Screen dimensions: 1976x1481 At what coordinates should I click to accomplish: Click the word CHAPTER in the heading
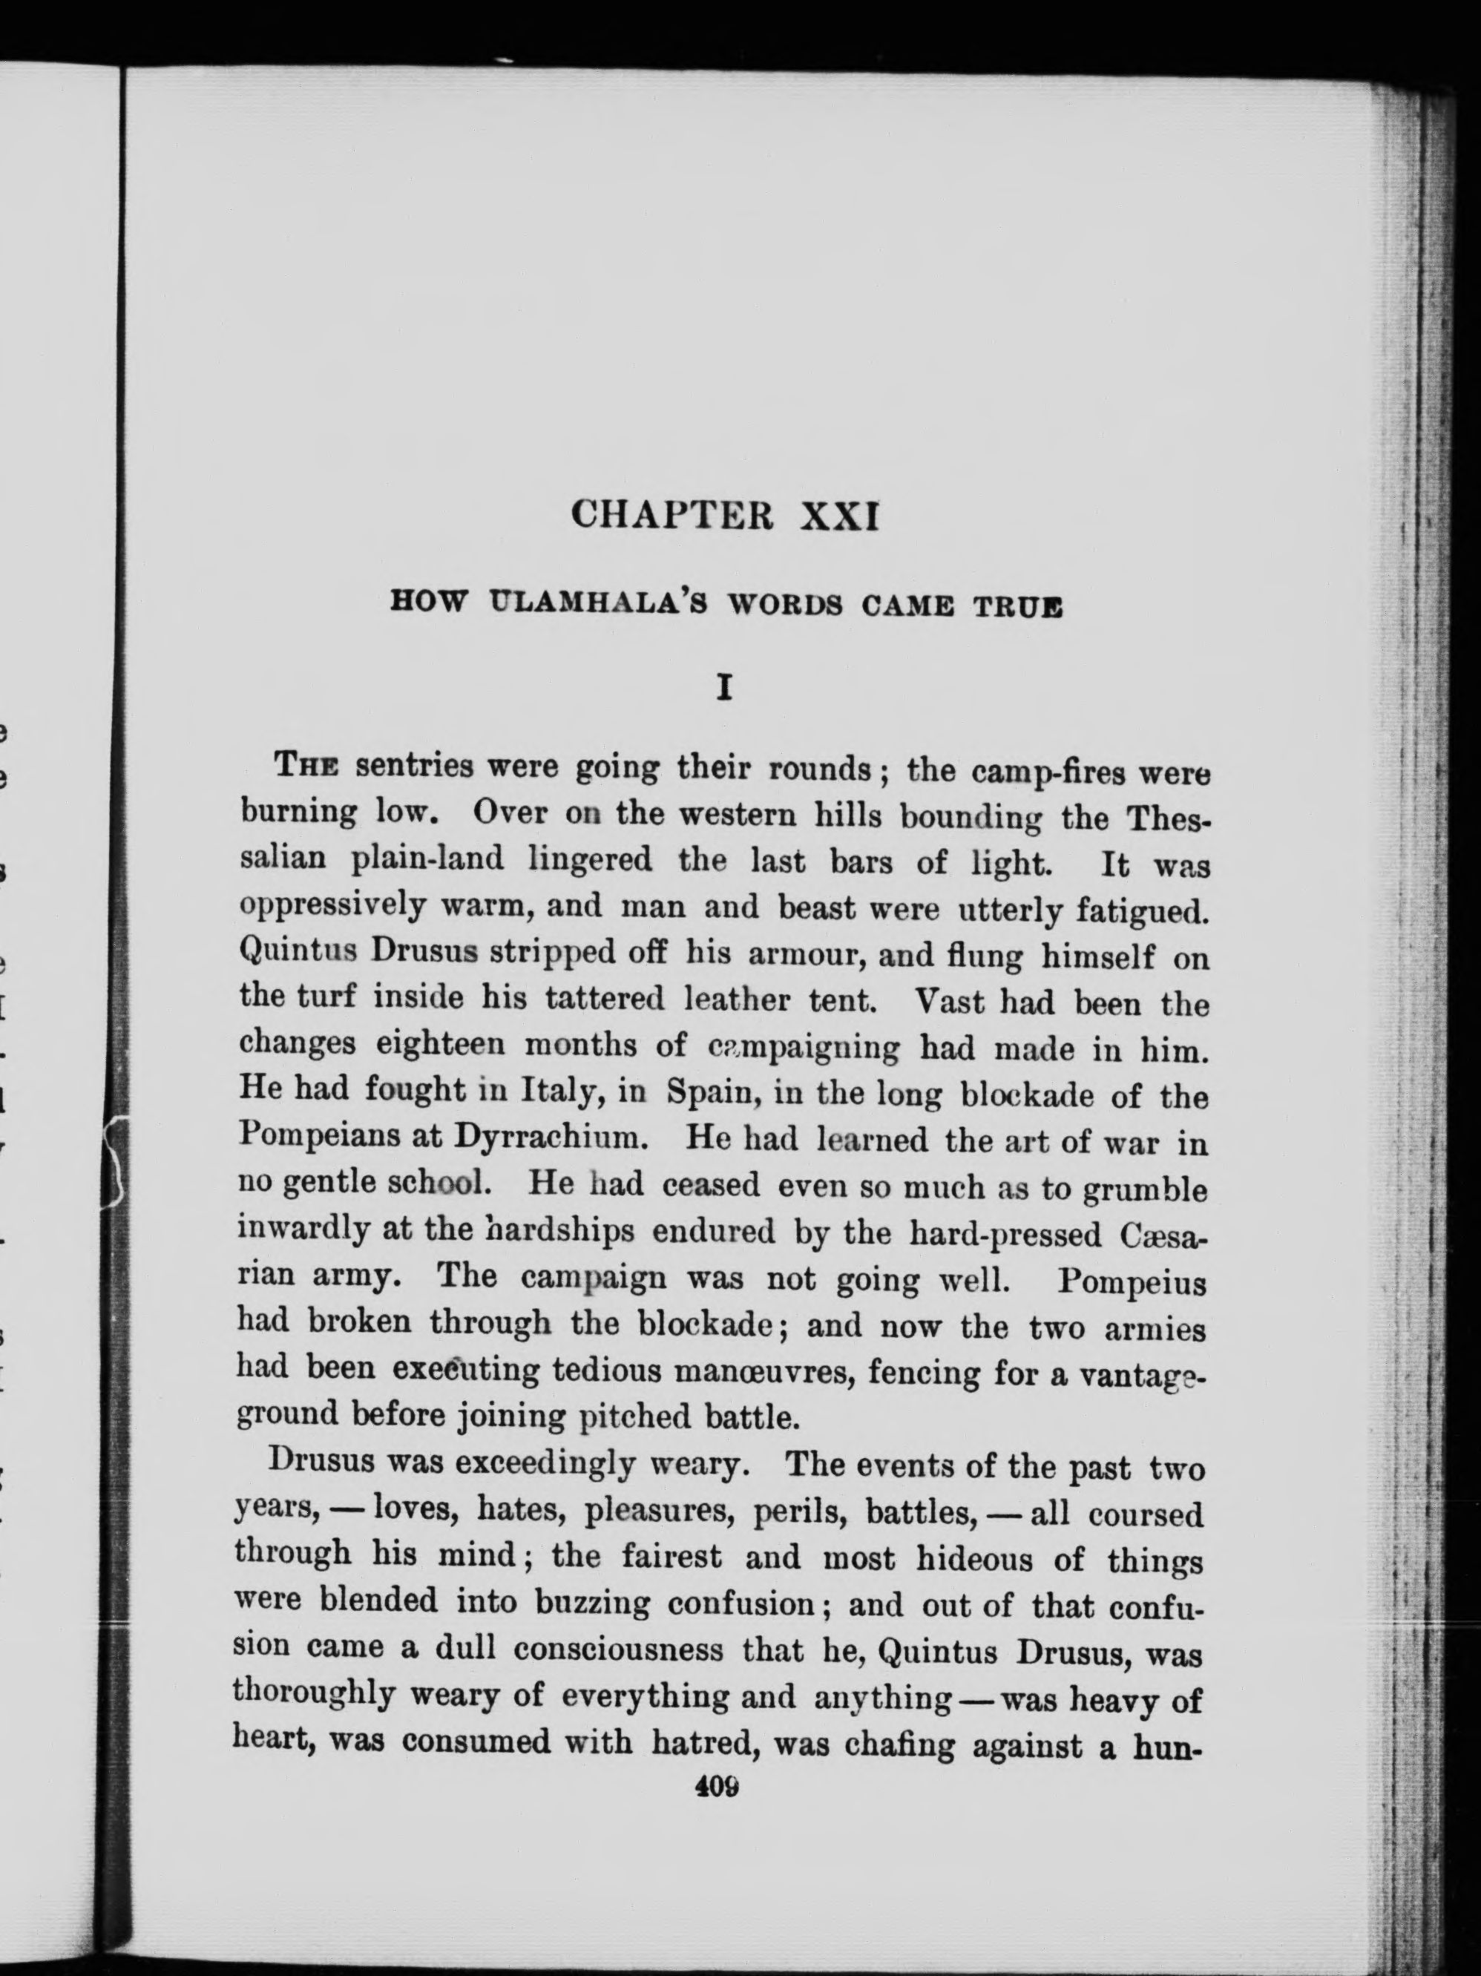[x=671, y=516]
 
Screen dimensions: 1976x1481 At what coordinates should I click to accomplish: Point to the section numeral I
[x=726, y=688]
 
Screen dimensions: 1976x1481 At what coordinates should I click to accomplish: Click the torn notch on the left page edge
[x=114, y=1161]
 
